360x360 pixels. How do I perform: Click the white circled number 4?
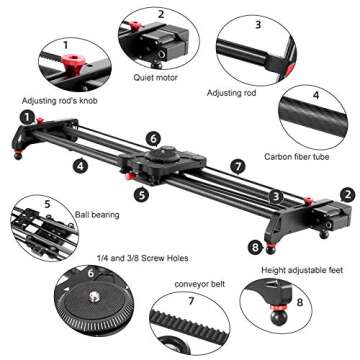(316, 96)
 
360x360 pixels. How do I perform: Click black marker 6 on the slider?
(153, 138)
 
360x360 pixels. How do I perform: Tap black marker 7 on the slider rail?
(237, 166)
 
